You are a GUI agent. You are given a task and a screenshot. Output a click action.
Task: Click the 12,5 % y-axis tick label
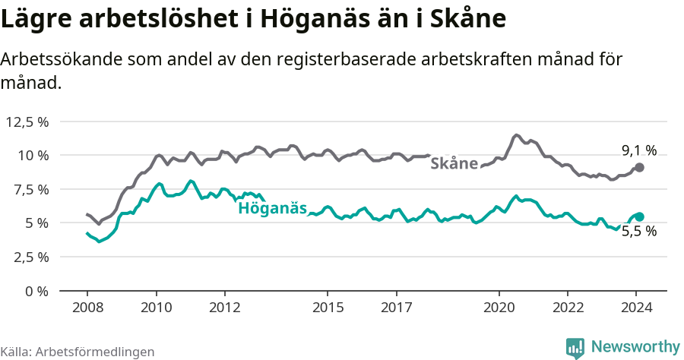27,122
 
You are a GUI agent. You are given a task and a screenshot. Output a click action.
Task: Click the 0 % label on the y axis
39,291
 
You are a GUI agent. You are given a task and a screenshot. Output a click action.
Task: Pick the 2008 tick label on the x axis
87,308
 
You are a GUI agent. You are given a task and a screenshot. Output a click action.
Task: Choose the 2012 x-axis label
225,308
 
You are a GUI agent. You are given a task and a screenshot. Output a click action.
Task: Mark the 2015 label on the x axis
328,308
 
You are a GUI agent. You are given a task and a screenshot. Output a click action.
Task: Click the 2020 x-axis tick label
499,308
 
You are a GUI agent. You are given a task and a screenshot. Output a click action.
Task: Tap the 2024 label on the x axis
637,308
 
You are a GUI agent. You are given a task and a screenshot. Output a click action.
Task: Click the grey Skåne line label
454,163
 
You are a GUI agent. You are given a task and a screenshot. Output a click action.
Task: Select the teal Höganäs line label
273,208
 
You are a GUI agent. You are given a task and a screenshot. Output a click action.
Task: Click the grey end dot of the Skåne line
639,167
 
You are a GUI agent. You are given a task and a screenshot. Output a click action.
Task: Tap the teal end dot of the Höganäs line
639,216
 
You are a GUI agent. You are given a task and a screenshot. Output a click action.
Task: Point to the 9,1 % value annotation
639,150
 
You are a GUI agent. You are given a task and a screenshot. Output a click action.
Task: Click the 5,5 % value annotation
639,232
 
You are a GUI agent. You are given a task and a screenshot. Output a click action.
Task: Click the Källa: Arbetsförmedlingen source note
78,352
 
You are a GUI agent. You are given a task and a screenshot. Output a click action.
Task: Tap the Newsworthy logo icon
575,348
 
